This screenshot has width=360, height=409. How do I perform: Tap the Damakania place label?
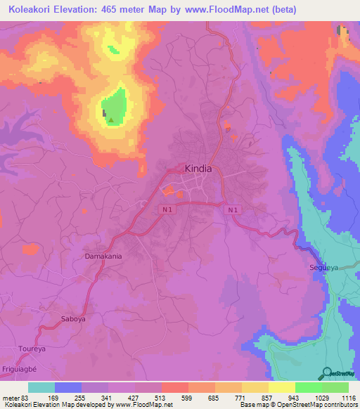point(103,257)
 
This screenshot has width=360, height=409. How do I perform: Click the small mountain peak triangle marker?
point(110,120)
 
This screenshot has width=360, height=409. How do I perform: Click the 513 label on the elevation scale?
point(162,398)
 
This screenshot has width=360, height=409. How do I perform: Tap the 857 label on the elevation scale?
point(269,398)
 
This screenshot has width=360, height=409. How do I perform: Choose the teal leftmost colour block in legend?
point(41,387)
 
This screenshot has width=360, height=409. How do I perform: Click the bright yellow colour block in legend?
point(282,387)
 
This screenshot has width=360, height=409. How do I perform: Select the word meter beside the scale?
point(11,398)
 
